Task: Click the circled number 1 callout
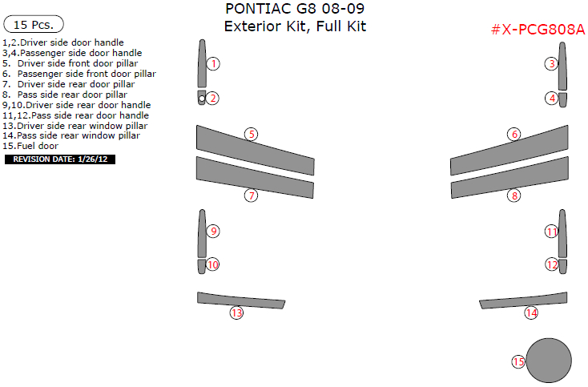tap(213, 63)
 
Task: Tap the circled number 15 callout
tap(518, 362)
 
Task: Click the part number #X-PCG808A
tap(538, 30)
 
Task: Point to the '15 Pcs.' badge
tap(34, 25)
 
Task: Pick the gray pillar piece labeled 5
tap(253, 149)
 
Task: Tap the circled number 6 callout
tap(514, 135)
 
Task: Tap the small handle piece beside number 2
tap(201, 99)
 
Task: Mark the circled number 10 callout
tap(212, 264)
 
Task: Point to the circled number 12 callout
tap(551, 264)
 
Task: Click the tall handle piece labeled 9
tap(202, 233)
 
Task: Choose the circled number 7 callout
tap(252, 196)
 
